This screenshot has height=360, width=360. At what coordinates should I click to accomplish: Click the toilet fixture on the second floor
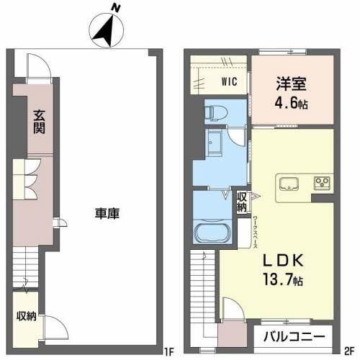[215, 113]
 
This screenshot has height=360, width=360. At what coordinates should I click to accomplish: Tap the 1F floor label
[170, 352]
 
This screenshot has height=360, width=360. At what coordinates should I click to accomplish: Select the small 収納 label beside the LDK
[243, 202]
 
